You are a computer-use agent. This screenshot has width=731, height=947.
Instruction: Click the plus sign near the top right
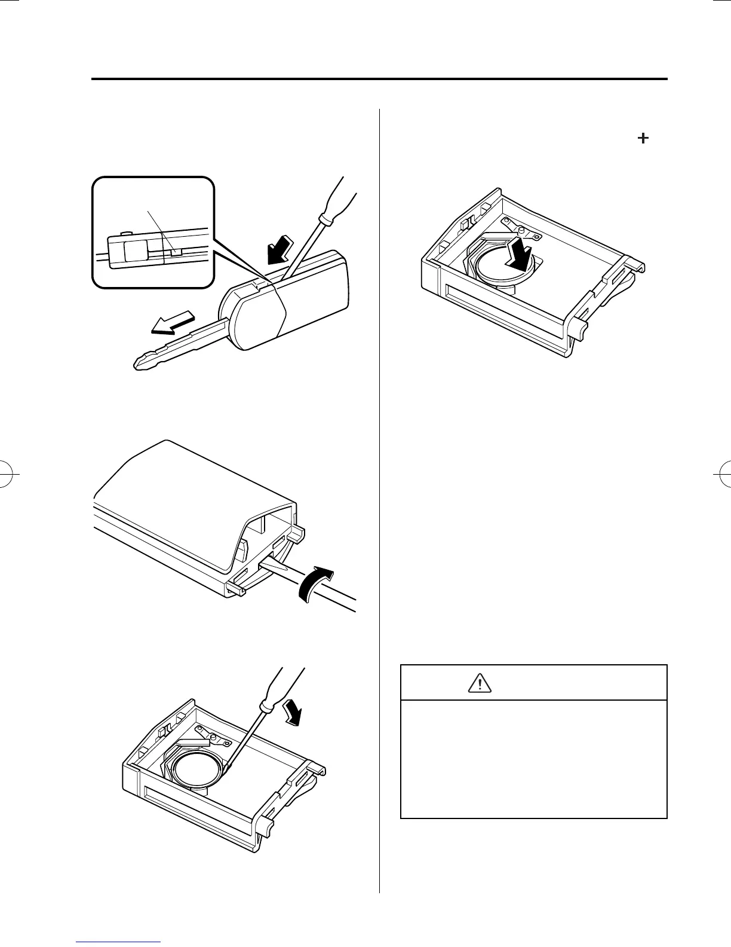coord(643,138)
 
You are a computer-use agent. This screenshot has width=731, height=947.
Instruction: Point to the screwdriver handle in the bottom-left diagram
coord(281,688)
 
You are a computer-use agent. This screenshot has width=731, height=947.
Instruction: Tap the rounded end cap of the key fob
coord(251,317)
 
